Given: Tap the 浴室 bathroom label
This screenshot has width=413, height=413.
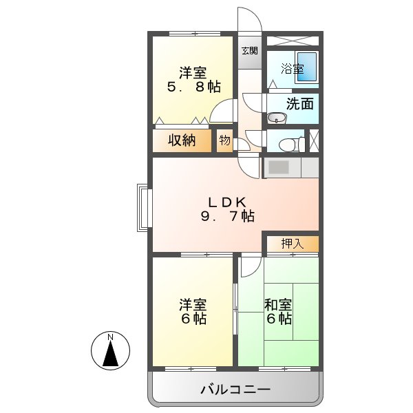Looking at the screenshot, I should [x=293, y=69].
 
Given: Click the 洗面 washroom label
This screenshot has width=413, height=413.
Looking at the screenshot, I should [x=300, y=104].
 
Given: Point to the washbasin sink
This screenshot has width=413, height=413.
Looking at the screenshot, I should [x=276, y=116].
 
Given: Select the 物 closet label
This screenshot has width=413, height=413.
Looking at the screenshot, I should [x=225, y=140].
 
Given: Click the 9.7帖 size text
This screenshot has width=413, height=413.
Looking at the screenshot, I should [x=227, y=216].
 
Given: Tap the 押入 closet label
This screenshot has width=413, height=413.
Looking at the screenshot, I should [x=293, y=243].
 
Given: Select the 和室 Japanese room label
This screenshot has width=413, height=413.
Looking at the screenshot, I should [x=278, y=305].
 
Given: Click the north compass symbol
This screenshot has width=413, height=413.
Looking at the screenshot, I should [x=111, y=350].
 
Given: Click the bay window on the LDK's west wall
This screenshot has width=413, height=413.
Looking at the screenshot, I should [x=143, y=207].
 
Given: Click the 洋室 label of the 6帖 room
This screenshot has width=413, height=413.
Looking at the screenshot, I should [x=193, y=305].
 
